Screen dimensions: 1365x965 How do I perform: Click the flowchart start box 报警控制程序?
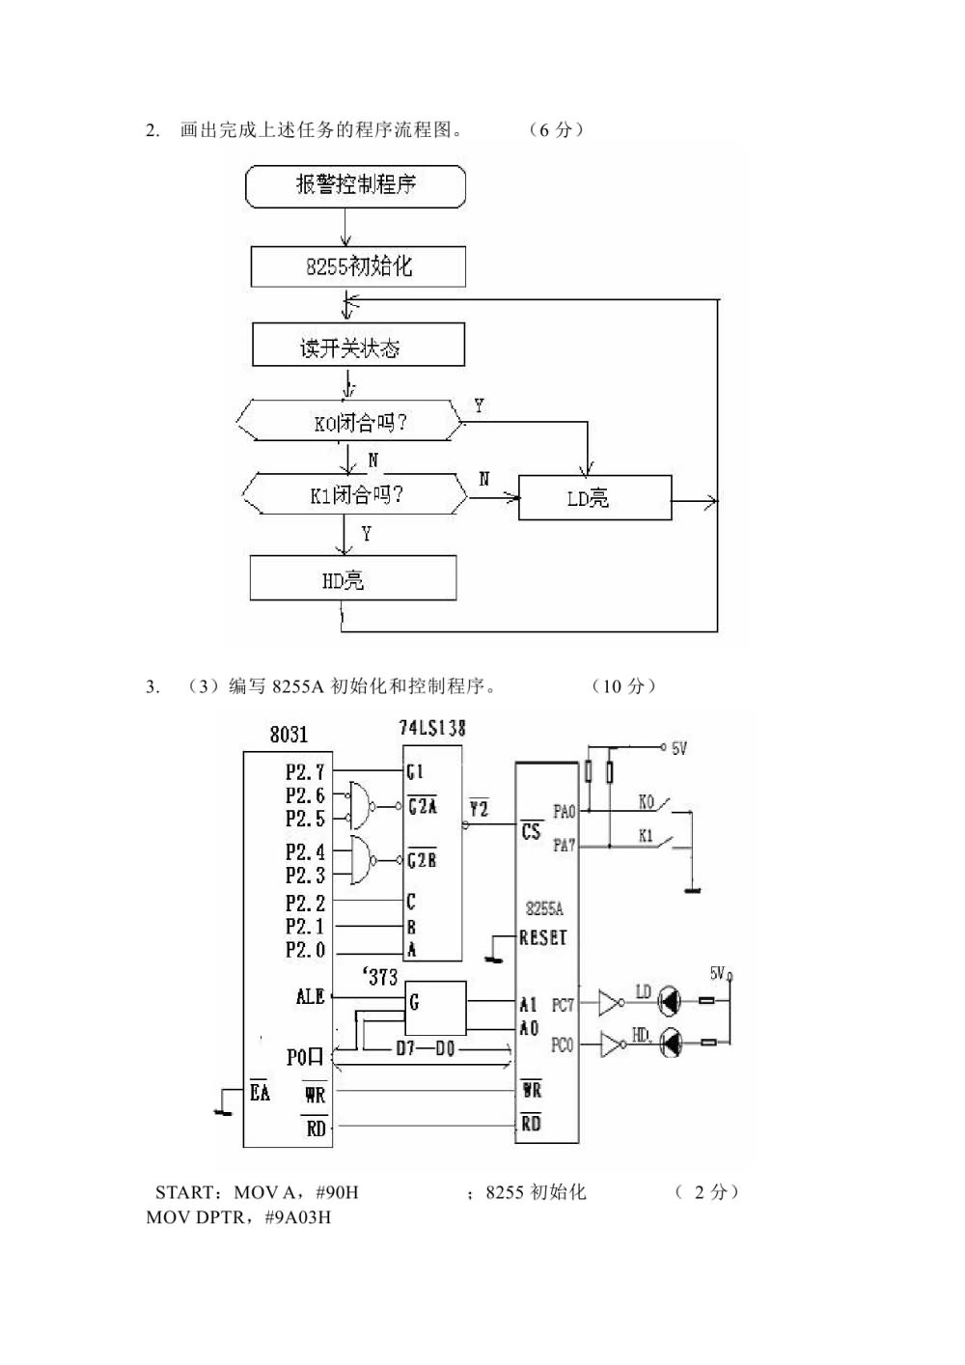[x=355, y=185]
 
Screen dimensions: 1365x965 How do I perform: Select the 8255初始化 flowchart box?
[x=358, y=266]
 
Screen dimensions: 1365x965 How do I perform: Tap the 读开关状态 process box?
[x=358, y=346]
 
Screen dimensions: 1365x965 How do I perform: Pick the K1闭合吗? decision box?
[x=354, y=494]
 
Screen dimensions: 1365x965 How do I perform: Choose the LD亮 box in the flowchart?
[x=594, y=498]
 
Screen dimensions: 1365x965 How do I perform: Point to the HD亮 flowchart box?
[x=352, y=579]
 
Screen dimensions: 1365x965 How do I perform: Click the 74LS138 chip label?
[x=432, y=728]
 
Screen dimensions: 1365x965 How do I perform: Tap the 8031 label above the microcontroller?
[x=289, y=735]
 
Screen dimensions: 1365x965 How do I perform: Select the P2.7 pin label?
[x=305, y=772]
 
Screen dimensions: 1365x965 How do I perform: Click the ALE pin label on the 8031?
[x=310, y=996]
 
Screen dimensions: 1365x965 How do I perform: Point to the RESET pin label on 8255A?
[x=543, y=937]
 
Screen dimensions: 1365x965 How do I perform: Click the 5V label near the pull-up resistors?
[x=679, y=748]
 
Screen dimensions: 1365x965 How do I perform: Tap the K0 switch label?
[x=646, y=802]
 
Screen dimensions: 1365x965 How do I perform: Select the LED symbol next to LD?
[x=670, y=1003]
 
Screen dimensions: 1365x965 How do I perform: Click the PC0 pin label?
[x=562, y=1045]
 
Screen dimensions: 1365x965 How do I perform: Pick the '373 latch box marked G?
[x=434, y=1008]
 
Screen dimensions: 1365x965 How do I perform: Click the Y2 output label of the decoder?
[x=479, y=808]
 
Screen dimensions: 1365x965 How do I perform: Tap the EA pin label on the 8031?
[x=260, y=1093]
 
